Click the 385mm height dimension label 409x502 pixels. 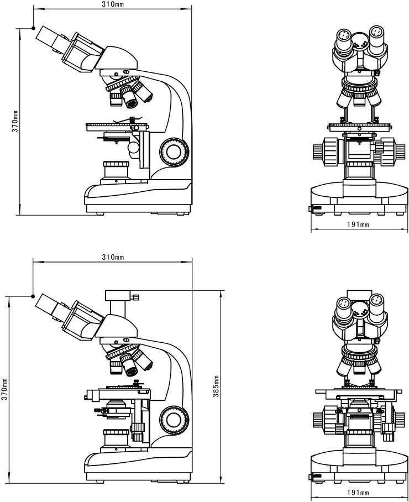pos(217,386)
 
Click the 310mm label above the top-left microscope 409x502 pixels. pos(113,4)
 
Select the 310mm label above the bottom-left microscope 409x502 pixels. pos(113,257)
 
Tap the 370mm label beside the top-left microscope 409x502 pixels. pos(15,121)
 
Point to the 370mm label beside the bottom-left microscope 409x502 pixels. pos(4,389)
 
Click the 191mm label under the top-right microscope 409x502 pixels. pos(358,224)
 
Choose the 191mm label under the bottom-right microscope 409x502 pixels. pos(358,493)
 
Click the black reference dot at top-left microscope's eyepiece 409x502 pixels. pos(33,28)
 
